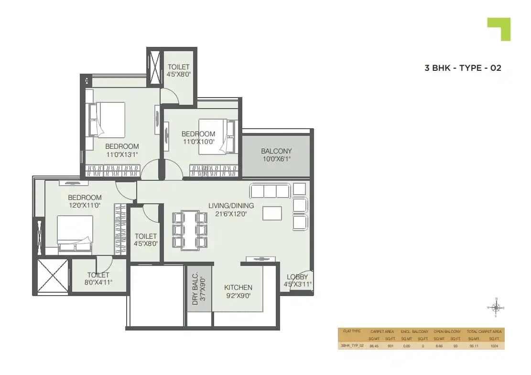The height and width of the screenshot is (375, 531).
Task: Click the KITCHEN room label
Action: tap(238, 287)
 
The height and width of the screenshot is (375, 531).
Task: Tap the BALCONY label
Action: tap(276, 151)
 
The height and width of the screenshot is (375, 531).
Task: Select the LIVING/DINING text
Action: tap(231, 206)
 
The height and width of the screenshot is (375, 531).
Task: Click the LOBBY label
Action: tap(297, 277)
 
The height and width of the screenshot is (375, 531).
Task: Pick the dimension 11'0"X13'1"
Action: tap(122, 154)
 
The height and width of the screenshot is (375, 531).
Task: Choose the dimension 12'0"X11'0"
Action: tap(85, 206)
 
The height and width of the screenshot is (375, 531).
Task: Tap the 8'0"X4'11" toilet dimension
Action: tap(98, 282)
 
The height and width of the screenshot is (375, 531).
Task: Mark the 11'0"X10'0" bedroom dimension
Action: tap(198, 142)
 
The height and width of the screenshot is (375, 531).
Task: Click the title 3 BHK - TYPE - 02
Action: tap(463, 68)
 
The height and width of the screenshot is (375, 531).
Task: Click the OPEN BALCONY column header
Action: tap(447, 331)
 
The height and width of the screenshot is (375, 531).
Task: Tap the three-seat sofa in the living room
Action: tap(270, 191)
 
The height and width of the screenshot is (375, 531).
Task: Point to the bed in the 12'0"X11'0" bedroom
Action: tap(75, 232)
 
